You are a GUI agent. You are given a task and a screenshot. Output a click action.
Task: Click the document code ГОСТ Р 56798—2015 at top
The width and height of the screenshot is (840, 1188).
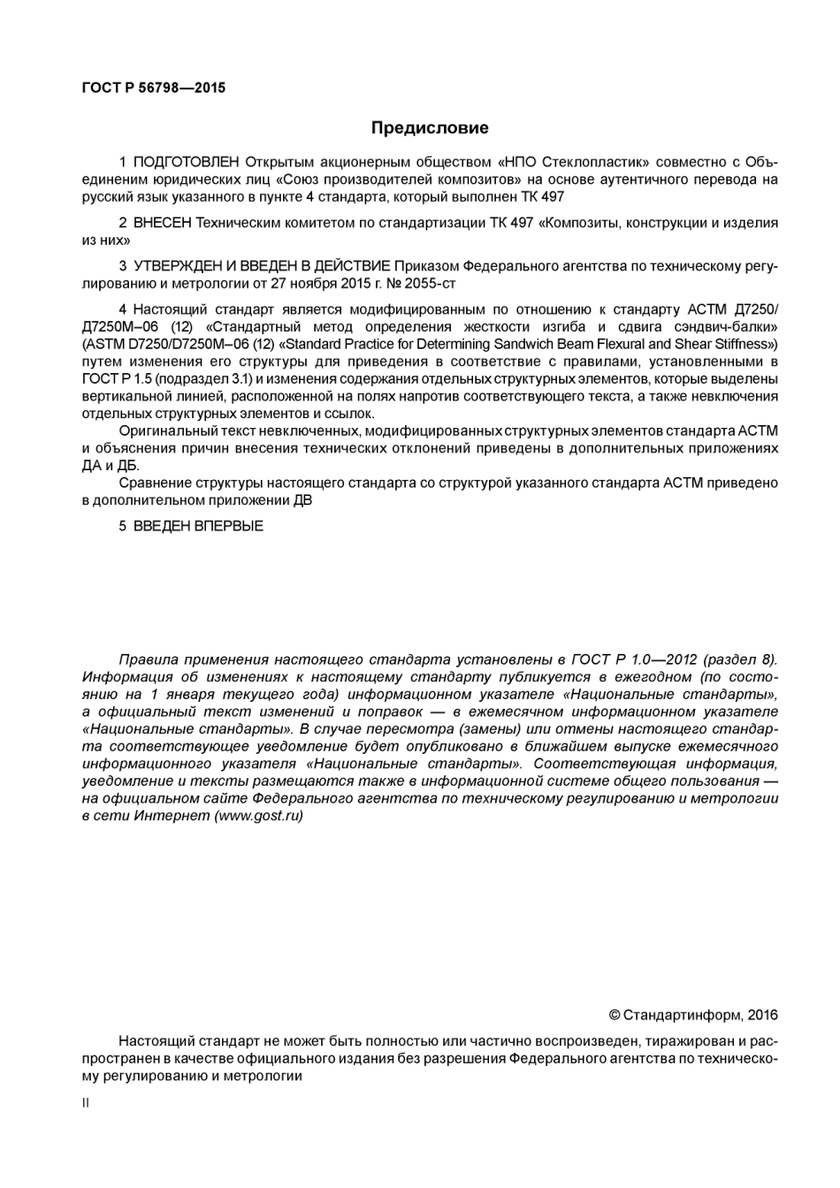tap(153, 88)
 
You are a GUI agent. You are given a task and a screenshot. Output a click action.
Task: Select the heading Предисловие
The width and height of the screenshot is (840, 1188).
tap(429, 128)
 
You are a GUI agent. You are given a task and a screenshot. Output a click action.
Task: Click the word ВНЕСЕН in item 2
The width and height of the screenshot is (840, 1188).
tap(162, 223)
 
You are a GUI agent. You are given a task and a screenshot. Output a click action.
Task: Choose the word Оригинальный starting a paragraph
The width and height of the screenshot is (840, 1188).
tap(163, 430)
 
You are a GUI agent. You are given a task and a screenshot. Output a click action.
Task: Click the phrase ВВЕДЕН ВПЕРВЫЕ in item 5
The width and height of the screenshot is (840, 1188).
tap(198, 526)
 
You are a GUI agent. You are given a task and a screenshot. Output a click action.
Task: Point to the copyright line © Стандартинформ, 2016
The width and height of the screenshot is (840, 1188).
tap(693, 1015)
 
